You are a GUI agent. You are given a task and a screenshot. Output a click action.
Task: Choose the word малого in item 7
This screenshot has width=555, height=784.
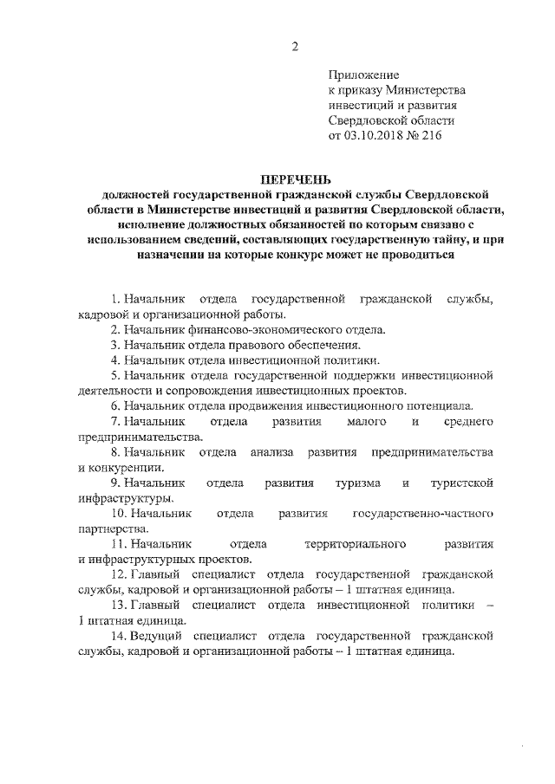pos(372,421)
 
